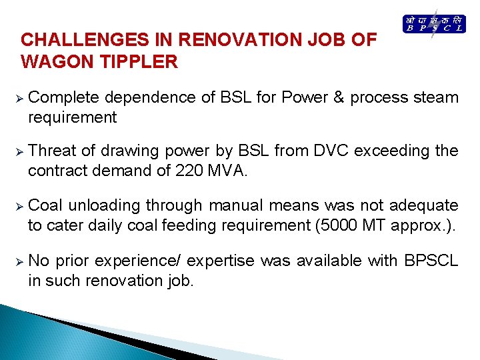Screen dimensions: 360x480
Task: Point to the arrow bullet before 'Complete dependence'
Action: coord(19,98)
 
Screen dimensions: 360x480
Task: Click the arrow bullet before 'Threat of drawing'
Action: coord(19,151)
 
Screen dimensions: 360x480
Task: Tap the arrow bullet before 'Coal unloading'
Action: coord(19,206)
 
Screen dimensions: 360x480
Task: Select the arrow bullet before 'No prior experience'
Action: coord(19,261)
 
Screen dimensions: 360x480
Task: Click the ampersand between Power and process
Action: coord(338,97)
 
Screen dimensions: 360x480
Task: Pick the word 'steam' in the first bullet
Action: coord(437,97)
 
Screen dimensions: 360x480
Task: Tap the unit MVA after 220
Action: coord(227,171)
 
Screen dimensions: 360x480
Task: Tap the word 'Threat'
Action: coord(51,151)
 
